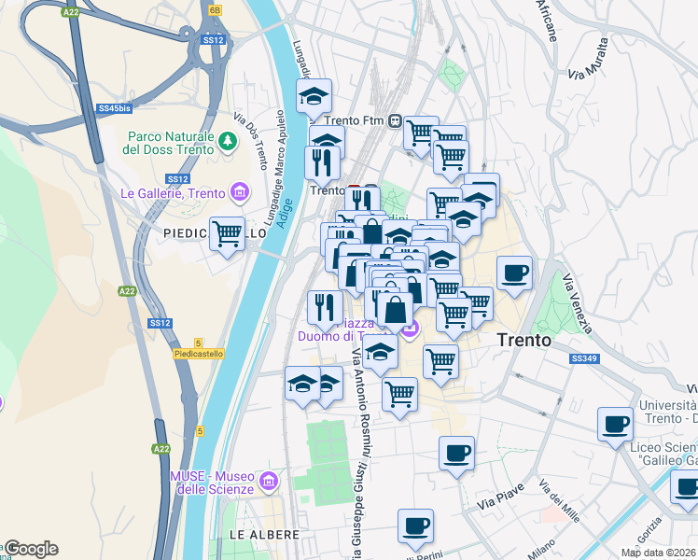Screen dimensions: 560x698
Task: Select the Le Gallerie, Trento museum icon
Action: pyautogui.click(x=242, y=193)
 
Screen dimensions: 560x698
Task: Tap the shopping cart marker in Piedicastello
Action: pyautogui.click(x=228, y=235)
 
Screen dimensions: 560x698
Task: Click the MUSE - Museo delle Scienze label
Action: pyautogui.click(x=212, y=482)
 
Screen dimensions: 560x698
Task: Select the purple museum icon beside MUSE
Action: pyautogui.click(x=270, y=482)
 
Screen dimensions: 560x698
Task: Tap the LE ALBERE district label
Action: pyautogui.click(x=264, y=535)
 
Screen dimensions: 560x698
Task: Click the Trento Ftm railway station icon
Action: pyautogui.click(x=396, y=120)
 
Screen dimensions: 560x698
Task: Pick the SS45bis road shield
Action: pyautogui.click(x=113, y=108)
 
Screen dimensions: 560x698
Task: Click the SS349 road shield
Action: pyautogui.click(x=583, y=358)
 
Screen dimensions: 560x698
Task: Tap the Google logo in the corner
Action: pyautogui.click(x=31, y=549)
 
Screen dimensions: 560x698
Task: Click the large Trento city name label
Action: pyautogui.click(x=523, y=341)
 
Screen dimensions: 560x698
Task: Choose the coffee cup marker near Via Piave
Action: pyautogui.click(x=456, y=454)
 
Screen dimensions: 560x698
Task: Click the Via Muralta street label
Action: pyautogui.click(x=589, y=58)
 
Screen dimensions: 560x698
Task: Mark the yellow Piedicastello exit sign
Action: pyautogui.click(x=196, y=353)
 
